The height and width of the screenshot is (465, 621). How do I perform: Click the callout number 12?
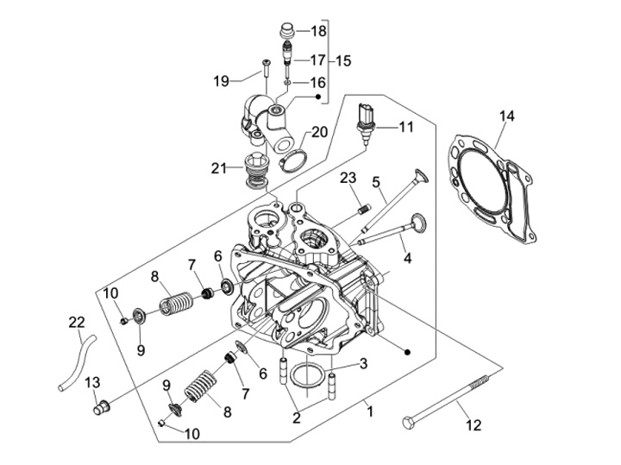coord(474,424)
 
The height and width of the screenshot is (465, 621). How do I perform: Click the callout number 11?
coord(405,127)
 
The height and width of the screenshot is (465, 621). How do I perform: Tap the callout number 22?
coord(77,322)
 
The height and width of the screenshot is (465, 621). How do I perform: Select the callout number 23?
coord(348,179)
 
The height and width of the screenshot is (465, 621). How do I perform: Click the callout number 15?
coord(343,61)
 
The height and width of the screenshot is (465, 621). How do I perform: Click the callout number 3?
coord(363,364)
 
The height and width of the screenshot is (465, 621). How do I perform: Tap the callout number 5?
coord(377,182)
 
